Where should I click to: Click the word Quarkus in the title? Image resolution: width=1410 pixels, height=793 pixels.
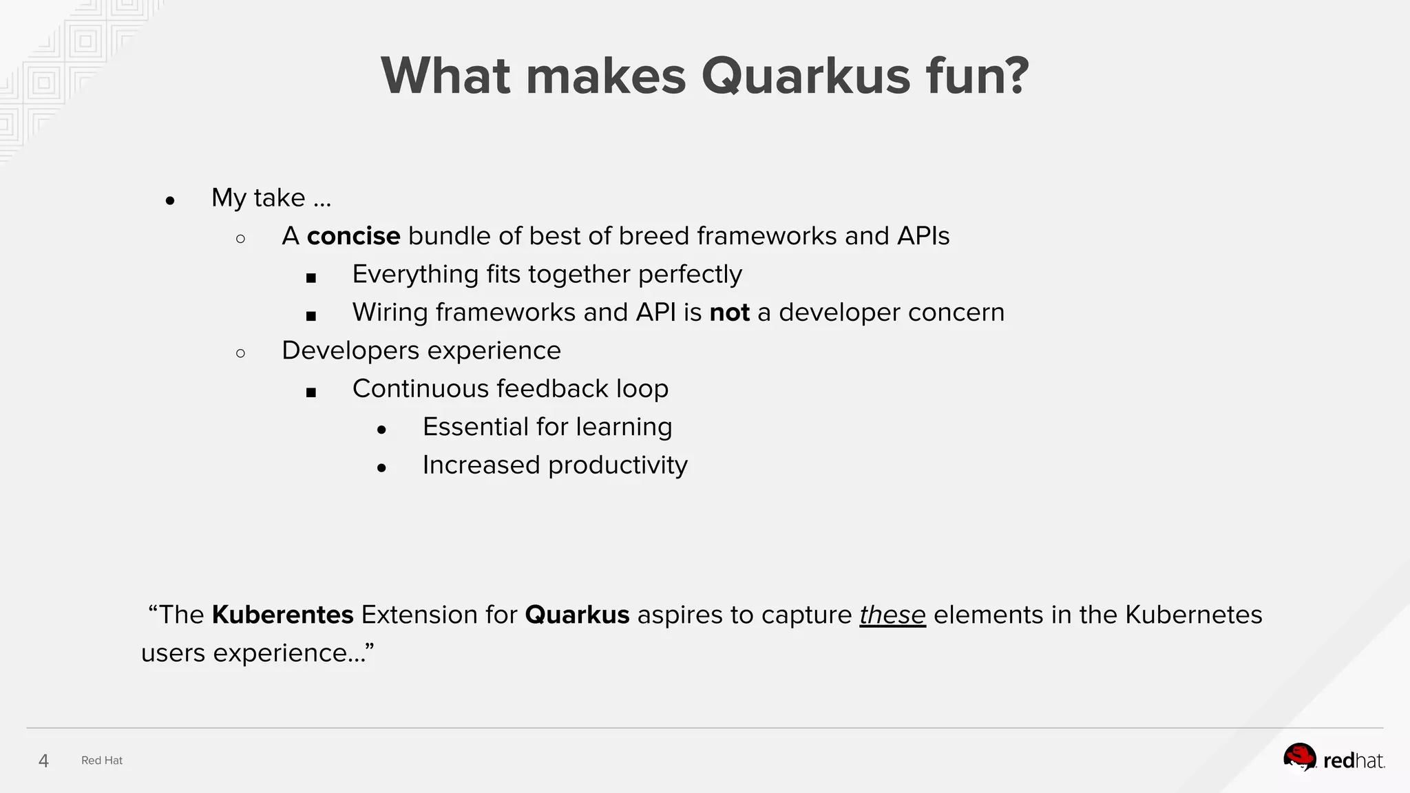click(x=806, y=76)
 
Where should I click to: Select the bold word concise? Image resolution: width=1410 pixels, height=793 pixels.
click(x=353, y=236)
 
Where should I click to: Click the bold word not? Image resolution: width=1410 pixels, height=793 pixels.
click(x=729, y=313)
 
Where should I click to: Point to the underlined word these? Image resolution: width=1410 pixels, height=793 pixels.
click(x=892, y=615)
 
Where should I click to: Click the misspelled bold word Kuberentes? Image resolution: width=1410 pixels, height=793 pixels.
click(x=282, y=615)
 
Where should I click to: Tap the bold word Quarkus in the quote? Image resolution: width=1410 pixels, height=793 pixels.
click(x=577, y=615)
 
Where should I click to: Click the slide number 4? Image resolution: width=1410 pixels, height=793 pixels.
click(x=43, y=761)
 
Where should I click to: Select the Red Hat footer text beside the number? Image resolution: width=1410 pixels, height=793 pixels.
click(x=102, y=761)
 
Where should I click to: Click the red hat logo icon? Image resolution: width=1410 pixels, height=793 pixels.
click(x=1299, y=759)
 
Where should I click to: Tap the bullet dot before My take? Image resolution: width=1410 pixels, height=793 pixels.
click(x=170, y=201)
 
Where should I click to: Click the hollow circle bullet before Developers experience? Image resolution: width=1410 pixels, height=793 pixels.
click(x=240, y=354)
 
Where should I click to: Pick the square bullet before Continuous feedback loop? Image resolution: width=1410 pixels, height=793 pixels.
click(x=311, y=392)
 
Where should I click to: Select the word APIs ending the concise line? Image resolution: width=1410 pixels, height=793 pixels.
click(x=923, y=236)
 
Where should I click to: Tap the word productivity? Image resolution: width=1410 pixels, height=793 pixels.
click(x=618, y=465)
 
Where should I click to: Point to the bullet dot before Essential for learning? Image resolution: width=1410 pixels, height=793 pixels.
click(x=382, y=430)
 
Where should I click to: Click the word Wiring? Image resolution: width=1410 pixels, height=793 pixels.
click(x=390, y=313)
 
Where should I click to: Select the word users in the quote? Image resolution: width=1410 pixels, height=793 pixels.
click(x=173, y=653)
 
